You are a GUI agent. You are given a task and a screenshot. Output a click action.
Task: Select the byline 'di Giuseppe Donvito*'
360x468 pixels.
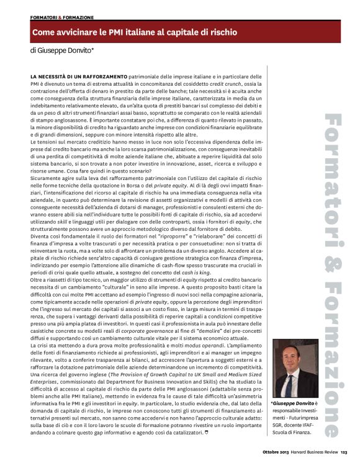62,50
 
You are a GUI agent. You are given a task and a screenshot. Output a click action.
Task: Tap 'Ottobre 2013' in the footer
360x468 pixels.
275,460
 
